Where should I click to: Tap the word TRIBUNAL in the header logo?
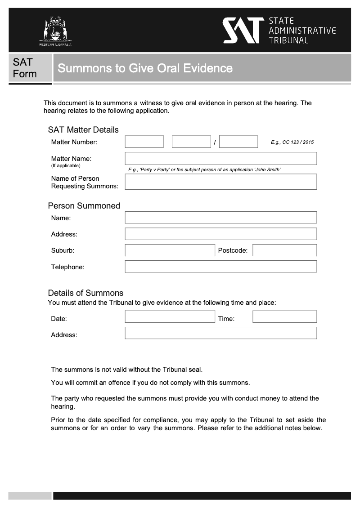click(x=288, y=40)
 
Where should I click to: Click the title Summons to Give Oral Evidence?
click(x=145, y=68)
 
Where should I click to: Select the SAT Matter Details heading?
click(x=83, y=130)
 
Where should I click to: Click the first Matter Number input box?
click(x=144, y=142)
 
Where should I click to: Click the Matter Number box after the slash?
click(x=238, y=142)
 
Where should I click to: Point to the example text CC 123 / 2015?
click(x=297, y=143)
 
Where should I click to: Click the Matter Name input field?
click(x=220, y=159)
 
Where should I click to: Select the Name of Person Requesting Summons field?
click(x=220, y=182)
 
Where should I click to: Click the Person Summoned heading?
click(x=84, y=206)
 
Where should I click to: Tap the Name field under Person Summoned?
click(x=220, y=218)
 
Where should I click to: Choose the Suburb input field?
click(x=170, y=250)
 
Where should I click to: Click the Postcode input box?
click(x=284, y=250)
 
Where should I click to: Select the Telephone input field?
click(x=220, y=267)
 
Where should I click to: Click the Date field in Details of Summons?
click(x=170, y=317)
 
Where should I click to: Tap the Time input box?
click(x=284, y=317)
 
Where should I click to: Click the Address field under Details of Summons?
click(x=220, y=333)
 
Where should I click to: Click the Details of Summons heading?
click(x=85, y=293)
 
